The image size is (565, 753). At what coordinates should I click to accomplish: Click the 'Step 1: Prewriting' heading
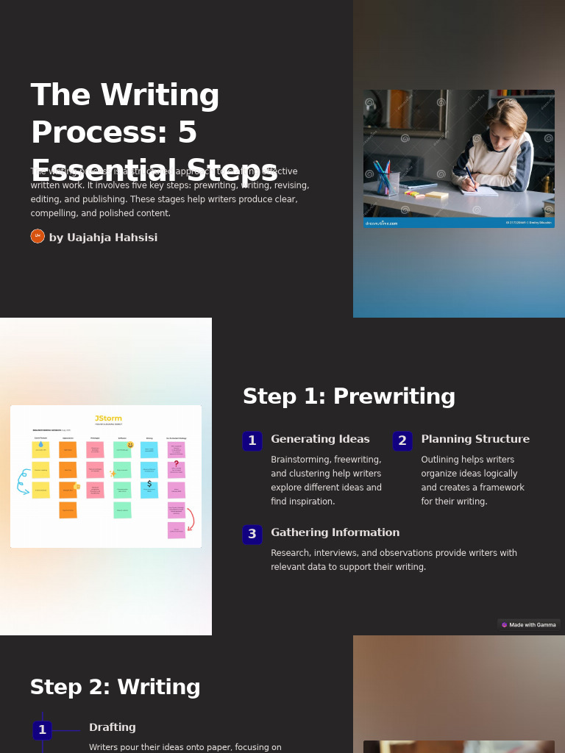pos(349,397)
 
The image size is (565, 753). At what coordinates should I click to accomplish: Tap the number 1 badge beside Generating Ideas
pos(252,441)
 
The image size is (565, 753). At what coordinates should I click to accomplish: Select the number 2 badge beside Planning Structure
pos(402,441)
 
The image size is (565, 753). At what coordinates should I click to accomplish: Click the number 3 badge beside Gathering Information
pos(252,535)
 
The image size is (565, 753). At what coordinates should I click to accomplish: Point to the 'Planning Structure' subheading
pos(475,440)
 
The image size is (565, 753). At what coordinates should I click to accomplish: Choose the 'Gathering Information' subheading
pos(335,533)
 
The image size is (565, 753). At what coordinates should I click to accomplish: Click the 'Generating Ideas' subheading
pos(320,440)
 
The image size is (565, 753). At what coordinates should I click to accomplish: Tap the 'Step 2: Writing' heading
pos(115,688)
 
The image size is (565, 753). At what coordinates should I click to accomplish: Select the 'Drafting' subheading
pos(113,728)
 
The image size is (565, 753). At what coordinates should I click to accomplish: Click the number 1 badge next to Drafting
pos(43,730)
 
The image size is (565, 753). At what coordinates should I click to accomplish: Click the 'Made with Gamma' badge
pos(529,625)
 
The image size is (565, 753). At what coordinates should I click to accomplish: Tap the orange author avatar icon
pos(38,236)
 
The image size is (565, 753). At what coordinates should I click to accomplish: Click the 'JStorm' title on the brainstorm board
pos(108,418)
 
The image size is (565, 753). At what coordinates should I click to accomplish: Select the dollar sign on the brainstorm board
pos(149,484)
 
